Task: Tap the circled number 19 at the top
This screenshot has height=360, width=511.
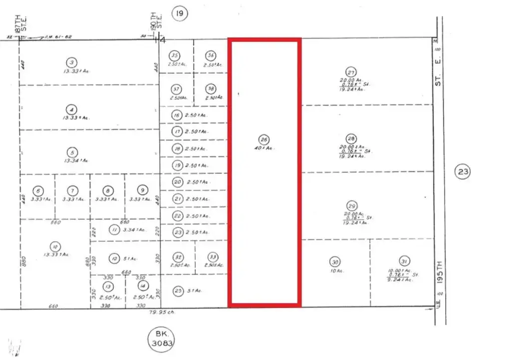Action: [x=180, y=14]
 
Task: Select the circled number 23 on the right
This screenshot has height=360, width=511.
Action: [x=463, y=173]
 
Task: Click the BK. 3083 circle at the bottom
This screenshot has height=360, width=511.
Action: [x=163, y=339]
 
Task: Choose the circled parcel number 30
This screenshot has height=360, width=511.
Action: [x=335, y=261]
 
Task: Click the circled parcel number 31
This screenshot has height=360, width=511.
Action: [x=404, y=261]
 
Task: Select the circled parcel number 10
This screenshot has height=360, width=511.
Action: [x=53, y=245]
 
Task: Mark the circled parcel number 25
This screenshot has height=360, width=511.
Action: [x=178, y=290]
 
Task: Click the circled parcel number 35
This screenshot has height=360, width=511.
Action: [x=175, y=55]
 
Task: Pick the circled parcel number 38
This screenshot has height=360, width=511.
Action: [x=211, y=89]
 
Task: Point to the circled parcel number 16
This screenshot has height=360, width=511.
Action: [x=176, y=115]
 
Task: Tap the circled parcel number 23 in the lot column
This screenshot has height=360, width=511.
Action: [x=178, y=232]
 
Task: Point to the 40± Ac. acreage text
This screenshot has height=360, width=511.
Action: [x=264, y=148]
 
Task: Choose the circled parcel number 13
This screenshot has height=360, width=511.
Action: [x=107, y=286]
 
